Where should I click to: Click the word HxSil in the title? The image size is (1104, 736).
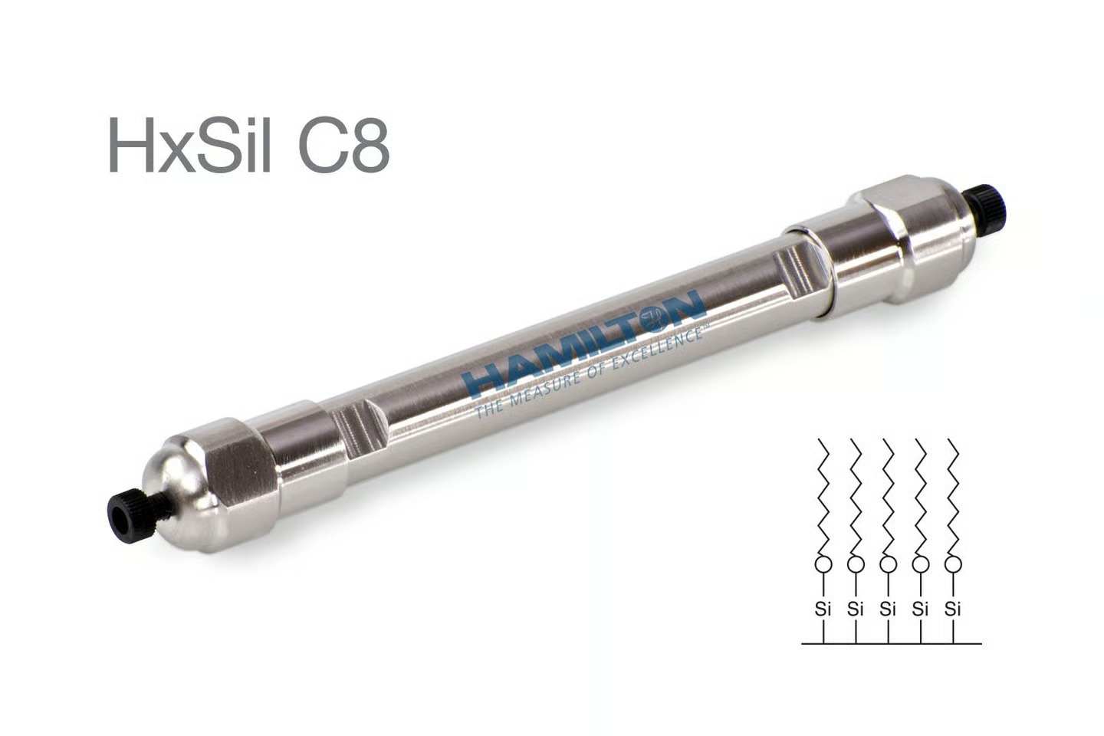click(190, 145)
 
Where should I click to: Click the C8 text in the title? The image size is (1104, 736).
click(343, 145)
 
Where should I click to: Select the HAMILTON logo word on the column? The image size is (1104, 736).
click(584, 344)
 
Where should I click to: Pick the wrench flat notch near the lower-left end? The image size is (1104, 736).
click(360, 428)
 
